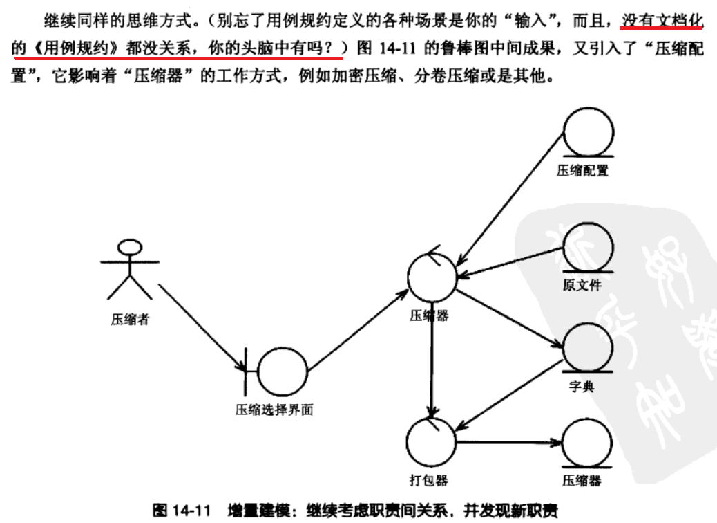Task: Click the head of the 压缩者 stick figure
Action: point(128,248)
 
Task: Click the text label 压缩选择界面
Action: point(275,410)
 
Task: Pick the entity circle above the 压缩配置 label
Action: point(588,131)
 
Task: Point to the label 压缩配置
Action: point(582,170)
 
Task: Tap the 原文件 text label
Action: point(582,285)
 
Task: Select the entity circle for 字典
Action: point(588,347)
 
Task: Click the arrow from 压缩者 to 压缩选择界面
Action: point(200,325)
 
